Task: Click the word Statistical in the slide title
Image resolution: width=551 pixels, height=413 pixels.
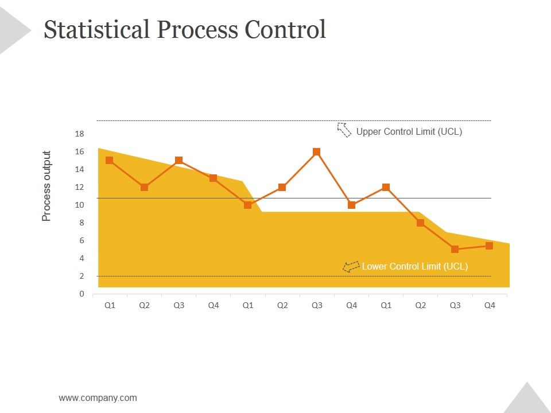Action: (x=96, y=29)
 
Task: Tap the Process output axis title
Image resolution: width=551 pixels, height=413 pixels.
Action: (x=46, y=186)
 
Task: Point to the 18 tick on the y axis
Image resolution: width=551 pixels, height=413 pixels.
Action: (x=79, y=134)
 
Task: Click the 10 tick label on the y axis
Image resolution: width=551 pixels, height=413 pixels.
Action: (x=79, y=205)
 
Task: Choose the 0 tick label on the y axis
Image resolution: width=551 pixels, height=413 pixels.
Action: (x=82, y=294)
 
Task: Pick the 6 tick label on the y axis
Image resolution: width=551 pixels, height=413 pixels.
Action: (x=82, y=240)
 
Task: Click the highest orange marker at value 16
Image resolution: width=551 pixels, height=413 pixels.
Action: (x=317, y=152)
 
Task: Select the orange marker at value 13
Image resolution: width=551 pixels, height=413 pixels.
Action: (x=213, y=178)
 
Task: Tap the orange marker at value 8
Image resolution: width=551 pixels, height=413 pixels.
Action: (x=420, y=223)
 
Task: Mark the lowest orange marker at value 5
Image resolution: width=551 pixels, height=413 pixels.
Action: (x=455, y=249)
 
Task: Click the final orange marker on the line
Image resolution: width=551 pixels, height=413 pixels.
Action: (x=489, y=246)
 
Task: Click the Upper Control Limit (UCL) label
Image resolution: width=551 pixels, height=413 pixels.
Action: (x=409, y=131)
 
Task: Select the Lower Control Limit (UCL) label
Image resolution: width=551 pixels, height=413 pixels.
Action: (x=414, y=266)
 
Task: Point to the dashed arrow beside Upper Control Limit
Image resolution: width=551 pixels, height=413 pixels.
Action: (x=344, y=130)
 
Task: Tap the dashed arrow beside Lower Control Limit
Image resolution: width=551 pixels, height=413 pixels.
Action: (x=351, y=267)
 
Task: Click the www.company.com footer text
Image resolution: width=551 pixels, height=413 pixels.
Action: (x=98, y=398)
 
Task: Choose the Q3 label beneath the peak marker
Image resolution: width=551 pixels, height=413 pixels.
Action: (x=317, y=305)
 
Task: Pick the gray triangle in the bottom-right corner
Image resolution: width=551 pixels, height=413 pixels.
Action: (x=526, y=400)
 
